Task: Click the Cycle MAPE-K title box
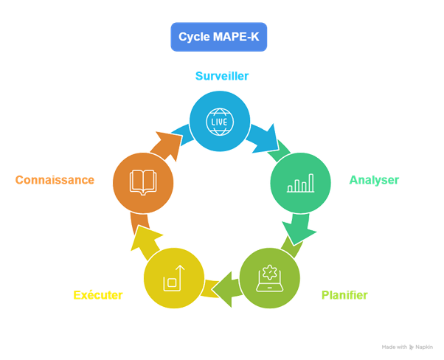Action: tap(218, 37)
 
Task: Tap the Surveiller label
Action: tap(222, 75)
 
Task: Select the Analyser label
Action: tap(374, 180)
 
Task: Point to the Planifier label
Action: tap(344, 295)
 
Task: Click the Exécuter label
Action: tap(97, 295)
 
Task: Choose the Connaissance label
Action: tap(55, 180)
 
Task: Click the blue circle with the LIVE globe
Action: tap(221, 120)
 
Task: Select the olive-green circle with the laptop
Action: tap(270, 277)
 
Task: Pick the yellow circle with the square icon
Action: tap(173, 277)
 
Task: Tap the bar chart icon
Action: tap(300, 183)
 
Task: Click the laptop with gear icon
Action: tap(270, 277)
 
